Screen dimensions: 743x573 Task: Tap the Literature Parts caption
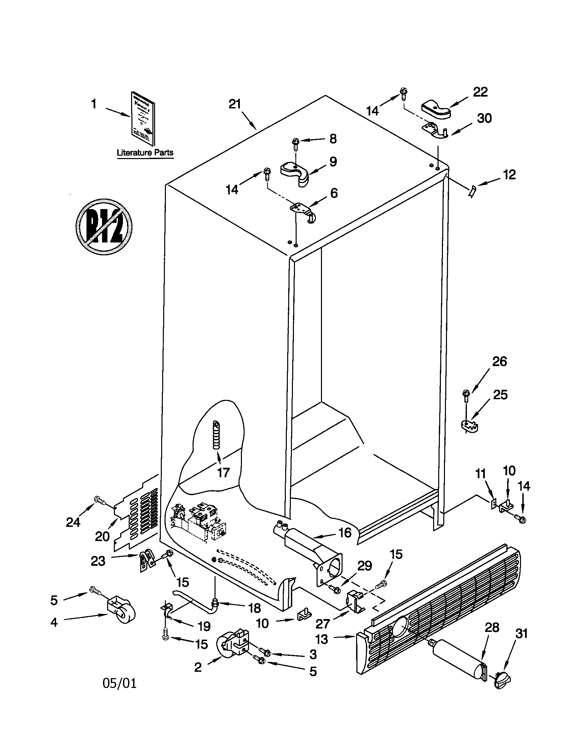[145, 153]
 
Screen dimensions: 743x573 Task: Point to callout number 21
[234, 104]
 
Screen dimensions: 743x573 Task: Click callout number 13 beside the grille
[322, 639]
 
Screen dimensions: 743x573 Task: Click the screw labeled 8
[295, 142]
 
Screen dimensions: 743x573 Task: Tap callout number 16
[345, 532]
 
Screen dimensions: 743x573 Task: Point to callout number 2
[198, 667]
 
